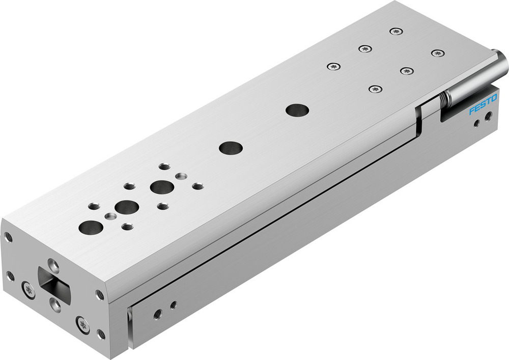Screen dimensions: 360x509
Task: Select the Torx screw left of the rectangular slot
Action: coord(28,291)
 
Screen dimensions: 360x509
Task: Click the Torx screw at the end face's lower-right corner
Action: coord(82,324)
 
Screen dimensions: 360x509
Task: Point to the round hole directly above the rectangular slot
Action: coord(52,264)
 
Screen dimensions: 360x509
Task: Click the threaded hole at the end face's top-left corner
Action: coord(9,237)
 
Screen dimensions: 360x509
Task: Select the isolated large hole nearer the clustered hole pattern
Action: coord(231,148)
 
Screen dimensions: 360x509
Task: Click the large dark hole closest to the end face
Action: coord(91,227)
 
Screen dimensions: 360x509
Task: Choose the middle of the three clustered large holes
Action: coord(126,207)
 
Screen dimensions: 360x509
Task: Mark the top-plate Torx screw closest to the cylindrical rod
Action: coord(437,53)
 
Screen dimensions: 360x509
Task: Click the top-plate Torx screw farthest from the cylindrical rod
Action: coord(333,66)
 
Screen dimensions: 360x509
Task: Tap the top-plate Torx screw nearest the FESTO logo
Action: coord(406,70)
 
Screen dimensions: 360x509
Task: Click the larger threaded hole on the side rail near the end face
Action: coord(158,314)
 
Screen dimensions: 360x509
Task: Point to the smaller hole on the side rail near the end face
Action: coord(174,305)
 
